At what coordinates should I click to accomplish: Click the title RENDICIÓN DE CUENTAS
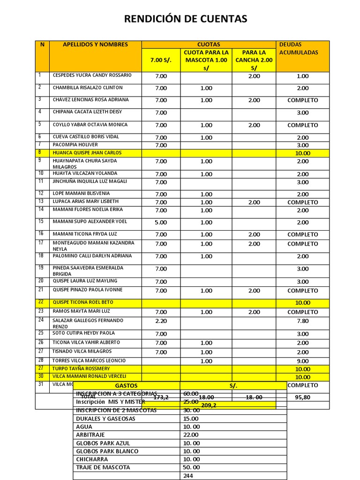point(185,19)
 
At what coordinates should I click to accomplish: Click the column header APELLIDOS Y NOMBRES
point(95,45)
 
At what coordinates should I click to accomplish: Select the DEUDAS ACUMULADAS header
point(298,48)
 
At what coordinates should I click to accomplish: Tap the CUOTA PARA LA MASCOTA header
point(206,60)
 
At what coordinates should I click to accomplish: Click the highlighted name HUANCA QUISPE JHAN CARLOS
point(87,153)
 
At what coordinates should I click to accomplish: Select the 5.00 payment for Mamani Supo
point(161,222)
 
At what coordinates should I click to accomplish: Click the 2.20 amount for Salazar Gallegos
point(161,321)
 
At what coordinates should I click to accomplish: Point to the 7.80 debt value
point(302,321)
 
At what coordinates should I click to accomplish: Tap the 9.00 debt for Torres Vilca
point(302,361)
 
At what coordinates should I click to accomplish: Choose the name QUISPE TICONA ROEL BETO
point(83,302)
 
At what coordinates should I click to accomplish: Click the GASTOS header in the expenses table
point(126,385)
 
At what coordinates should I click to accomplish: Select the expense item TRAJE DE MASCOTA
point(103,467)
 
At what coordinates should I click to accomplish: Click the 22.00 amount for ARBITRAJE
point(191,435)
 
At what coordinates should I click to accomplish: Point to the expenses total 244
point(188,475)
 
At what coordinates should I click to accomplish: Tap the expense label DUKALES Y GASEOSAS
point(105,419)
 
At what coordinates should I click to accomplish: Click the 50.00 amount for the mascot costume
point(191,467)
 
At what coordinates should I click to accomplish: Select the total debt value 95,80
point(302,397)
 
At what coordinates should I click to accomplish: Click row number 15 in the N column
point(41,221)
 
